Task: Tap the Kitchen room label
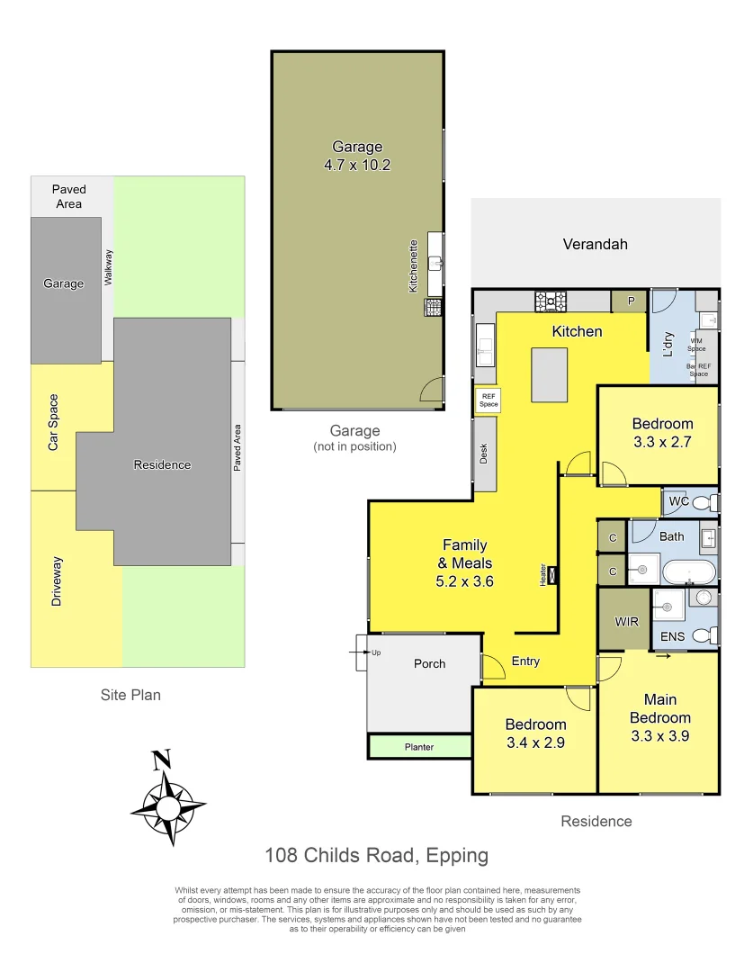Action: click(577, 331)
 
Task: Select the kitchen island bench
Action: click(550, 375)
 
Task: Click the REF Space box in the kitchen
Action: click(488, 400)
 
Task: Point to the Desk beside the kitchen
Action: click(484, 454)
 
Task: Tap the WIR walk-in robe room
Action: click(626, 621)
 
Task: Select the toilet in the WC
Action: click(704, 502)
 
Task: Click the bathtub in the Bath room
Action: click(690, 571)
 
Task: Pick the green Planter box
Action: click(419, 746)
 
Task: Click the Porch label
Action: click(429, 663)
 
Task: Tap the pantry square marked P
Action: click(631, 301)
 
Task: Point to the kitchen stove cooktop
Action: click(550, 301)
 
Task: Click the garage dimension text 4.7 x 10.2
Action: click(357, 165)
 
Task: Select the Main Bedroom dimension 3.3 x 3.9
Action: click(659, 735)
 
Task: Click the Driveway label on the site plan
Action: click(57, 580)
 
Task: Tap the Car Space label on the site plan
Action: click(53, 423)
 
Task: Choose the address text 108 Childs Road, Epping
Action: click(376, 855)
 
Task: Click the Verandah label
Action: click(595, 244)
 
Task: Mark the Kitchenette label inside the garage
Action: click(413, 265)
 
